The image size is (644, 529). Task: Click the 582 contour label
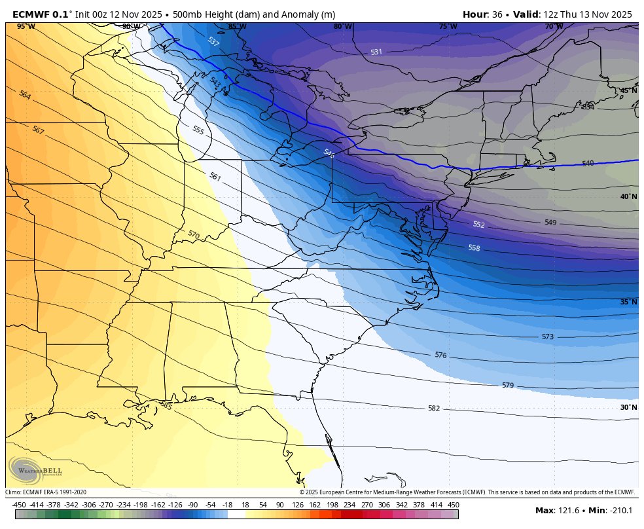click(x=434, y=409)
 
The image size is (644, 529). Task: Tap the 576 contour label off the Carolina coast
click(x=440, y=355)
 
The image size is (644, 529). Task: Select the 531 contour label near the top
click(x=376, y=52)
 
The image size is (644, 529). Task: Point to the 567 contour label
click(x=38, y=130)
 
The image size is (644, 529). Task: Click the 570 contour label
click(x=193, y=234)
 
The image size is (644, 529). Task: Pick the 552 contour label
click(x=478, y=225)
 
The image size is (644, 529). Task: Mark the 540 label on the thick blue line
click(x=588, y=163)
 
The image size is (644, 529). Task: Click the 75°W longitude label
click(x=448, y=26)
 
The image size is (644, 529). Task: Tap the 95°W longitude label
click(x=26, y=26)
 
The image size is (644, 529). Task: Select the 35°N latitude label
click(x=628, y=302)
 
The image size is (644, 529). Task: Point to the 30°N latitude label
click(x=628, y=407)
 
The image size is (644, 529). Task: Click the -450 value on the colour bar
click(x=19, y=505)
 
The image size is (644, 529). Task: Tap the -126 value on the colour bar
click(x=175, y=505)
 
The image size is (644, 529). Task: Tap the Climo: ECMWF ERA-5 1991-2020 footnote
click(x=46, y=492)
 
